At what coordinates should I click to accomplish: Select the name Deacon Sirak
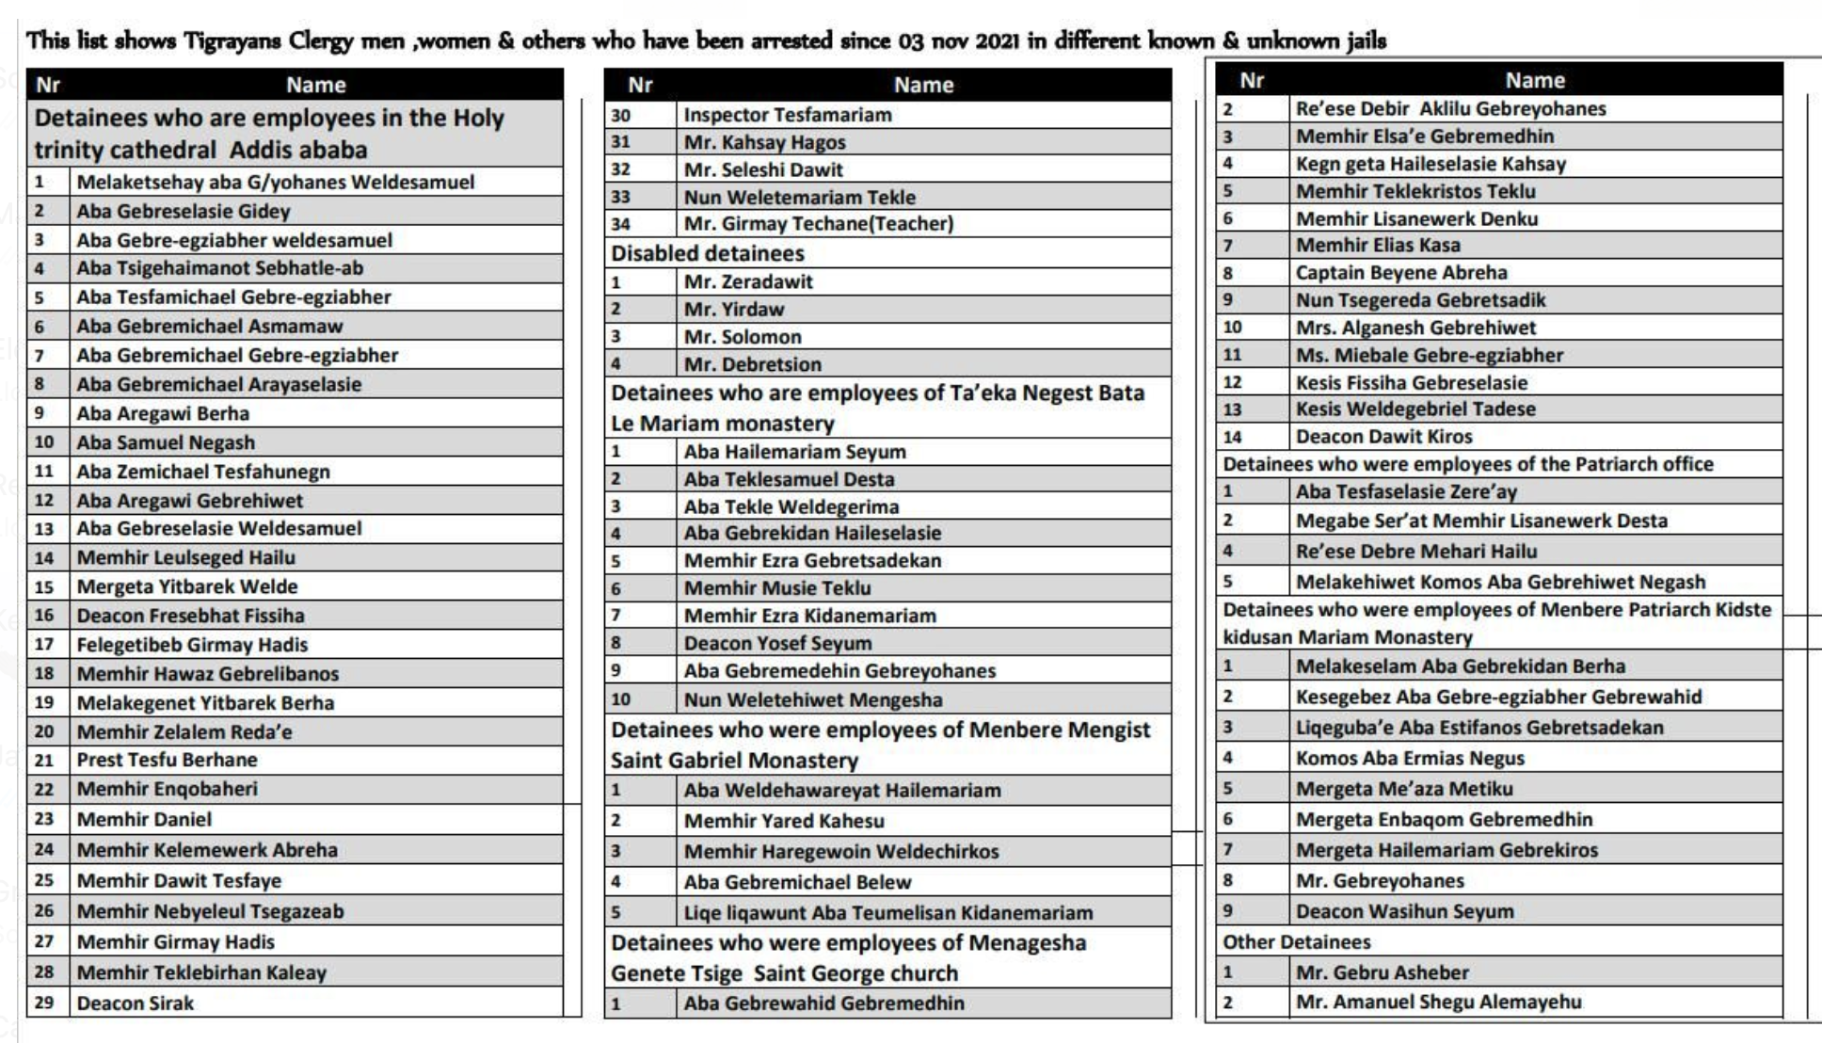(135, 1003)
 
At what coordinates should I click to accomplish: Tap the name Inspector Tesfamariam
(787, 115)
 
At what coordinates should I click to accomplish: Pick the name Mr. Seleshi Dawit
(762, 169)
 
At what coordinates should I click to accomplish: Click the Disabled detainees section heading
(707, 253)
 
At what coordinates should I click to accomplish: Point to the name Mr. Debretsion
(752, 364)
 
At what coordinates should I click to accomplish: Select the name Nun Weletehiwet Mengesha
(812, 699)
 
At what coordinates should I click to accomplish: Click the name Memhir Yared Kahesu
(783, 821)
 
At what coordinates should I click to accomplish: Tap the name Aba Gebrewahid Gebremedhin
(823, 1003)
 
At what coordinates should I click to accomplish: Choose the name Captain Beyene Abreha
(1400, 273)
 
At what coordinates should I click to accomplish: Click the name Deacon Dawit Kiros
(1383, 437)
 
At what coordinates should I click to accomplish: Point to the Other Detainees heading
(1296, 942)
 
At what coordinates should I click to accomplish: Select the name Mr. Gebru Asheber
(1382, 972)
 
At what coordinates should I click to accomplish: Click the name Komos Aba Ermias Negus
(1409, 758)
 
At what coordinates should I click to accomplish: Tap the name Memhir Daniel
(144, 819)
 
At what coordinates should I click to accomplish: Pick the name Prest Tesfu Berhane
(167, 760)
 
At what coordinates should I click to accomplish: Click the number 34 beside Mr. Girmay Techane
(620, 224)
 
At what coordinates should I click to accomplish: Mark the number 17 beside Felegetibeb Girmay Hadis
(44, 645)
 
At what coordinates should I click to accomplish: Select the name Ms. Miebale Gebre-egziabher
(1429, 355)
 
